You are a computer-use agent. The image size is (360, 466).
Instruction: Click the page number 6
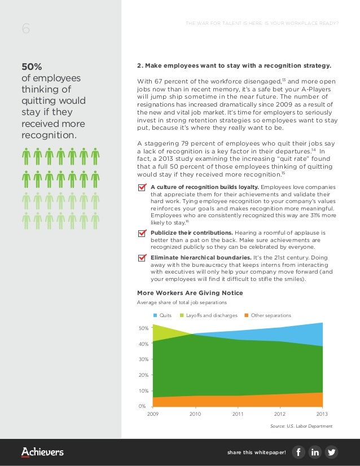coord(25,29)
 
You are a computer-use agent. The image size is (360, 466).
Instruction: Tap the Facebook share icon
coord(298,452)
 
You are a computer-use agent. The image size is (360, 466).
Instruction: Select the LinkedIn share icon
coord(315,452)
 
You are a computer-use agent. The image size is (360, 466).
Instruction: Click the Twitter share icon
coord(331,452)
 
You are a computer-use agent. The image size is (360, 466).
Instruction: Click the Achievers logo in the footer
coord(42,452)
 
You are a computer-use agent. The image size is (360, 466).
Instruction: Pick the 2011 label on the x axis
coord(238,414)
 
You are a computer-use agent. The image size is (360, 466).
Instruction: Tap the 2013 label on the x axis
coord(322,414)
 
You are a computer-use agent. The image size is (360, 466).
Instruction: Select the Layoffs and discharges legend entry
coord(208,315)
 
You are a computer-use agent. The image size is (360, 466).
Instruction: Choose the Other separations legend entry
coord(267,315)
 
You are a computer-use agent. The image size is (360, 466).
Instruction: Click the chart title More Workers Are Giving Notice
coord(190,293)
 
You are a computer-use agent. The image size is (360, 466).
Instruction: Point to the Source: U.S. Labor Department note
coord(301,426)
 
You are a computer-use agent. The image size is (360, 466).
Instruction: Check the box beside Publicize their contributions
coord(142,233)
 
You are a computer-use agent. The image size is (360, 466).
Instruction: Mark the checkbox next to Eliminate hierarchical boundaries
coord(142,258)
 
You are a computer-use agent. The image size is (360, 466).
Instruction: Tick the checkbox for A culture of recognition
coord(142,187)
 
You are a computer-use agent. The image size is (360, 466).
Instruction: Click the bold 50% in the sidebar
coord(32,66)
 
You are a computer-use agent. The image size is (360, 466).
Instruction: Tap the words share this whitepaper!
coord(257,452)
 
